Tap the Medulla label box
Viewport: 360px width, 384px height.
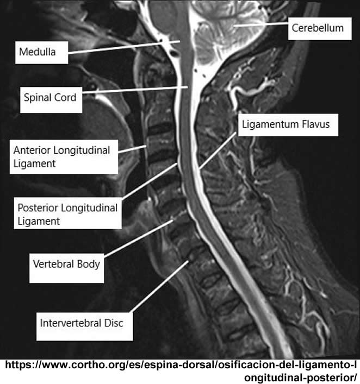click(41, 53)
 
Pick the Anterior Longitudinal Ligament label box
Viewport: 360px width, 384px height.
click(63, 156)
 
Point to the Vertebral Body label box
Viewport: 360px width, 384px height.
click(66, 265)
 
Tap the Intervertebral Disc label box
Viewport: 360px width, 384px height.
click(82, 323)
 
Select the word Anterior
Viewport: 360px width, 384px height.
click(32, 149)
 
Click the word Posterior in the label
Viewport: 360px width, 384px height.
click(36, 207)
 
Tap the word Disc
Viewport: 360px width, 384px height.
click(113, 323)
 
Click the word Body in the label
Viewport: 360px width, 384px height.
click(89, 265)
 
